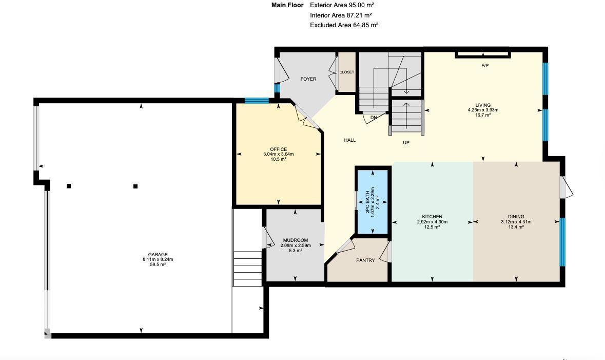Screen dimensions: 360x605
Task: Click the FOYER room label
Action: [308, 79]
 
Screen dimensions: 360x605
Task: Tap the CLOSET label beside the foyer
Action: [346, 72]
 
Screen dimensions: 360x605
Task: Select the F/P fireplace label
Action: [484, 66]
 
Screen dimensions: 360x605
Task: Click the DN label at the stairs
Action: [374, 118]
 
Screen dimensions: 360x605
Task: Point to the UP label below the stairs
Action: [406, 143]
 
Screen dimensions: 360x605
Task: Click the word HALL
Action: [349, 140]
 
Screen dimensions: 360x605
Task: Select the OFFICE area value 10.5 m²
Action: [279, 159]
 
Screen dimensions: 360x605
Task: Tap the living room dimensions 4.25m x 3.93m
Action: [483, 110]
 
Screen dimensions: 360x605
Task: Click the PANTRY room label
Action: [365, 260]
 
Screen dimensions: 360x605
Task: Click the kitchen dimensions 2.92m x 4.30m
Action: [432, 222]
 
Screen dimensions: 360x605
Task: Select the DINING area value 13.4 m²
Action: [516, 227]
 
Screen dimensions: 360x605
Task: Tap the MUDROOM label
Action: [296, 240]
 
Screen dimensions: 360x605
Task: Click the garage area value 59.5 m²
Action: [158, 264]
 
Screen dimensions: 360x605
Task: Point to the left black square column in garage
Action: [69, 186]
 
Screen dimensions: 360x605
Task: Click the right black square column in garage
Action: [135, 186]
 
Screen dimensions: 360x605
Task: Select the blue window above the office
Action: [256, 101]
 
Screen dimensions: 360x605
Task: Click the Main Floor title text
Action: [287, 5]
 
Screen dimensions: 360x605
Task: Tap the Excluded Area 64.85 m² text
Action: [344, 25]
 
